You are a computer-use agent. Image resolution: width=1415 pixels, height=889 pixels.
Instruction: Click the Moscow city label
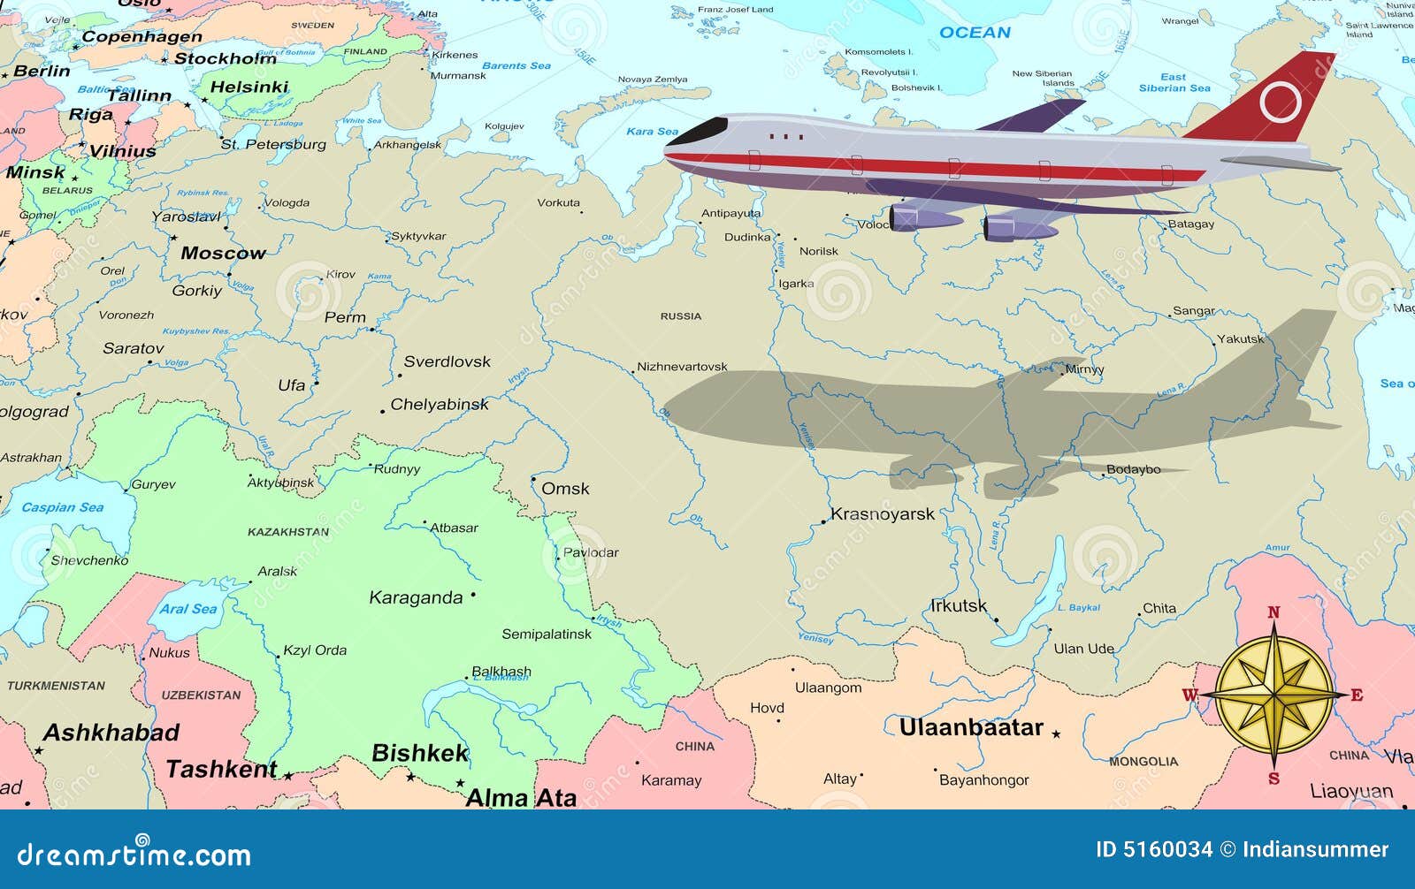(x=223, y=253)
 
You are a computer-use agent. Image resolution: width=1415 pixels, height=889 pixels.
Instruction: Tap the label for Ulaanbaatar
(x=971, y=728)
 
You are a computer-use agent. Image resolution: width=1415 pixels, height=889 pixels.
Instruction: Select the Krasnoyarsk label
(x=882, y=514)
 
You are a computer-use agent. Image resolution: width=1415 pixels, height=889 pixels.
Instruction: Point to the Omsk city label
(x=565, y=489)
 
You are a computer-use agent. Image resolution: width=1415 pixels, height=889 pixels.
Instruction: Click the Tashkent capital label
(x=222, y=770)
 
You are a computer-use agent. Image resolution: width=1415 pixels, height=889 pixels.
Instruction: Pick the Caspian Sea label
(x=62, y=507)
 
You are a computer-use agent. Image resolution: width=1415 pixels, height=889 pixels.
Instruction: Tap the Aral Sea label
(x=188, y=609)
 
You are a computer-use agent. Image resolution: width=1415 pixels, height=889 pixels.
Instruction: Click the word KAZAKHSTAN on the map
(x=288, y=532)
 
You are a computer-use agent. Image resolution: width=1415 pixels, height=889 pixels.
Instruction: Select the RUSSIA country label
(x=681, y=315)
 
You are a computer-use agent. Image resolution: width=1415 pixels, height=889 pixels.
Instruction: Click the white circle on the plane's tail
(x=1280, y=102)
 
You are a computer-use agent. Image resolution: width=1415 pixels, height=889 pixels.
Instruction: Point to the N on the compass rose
(x=1273, y=612)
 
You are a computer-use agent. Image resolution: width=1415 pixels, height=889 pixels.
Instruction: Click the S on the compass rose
(x=1273, y=779)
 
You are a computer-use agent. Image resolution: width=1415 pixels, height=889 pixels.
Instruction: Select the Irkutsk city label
(x=958, y=606)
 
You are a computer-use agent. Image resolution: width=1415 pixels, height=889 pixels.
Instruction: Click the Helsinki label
(x=249, y=87)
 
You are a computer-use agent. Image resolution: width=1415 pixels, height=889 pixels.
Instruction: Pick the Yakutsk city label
(x=1241, y=338)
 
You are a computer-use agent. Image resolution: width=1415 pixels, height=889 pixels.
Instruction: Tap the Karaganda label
(x=416, y=598)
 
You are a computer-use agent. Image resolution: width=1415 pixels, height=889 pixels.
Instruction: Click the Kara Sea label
(x=653, y=132)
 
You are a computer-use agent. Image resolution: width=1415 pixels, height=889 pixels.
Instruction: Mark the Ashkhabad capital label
(x=111, y=733)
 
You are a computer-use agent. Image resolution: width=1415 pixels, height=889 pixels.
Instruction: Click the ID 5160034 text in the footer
(x=1154, y=850)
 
